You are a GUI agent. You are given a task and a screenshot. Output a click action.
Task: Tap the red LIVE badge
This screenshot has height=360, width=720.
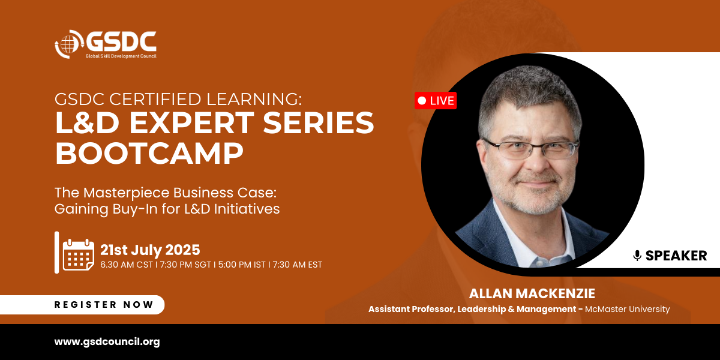436,101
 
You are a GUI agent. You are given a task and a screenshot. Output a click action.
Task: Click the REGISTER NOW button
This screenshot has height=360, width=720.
82,304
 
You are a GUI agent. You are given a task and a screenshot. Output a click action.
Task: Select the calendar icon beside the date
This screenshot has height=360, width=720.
79,254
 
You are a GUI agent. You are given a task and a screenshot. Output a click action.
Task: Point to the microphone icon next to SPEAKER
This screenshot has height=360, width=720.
637,256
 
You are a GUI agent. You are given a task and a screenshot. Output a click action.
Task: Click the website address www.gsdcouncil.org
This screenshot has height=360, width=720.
107,341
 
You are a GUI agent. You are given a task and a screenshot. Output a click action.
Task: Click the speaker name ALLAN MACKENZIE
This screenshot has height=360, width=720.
532,293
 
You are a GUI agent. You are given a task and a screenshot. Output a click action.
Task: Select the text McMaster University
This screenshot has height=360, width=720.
628,309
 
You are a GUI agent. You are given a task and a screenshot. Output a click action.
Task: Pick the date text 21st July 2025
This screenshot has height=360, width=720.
150,250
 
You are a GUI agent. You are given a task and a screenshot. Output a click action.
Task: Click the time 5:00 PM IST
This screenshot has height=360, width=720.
242,265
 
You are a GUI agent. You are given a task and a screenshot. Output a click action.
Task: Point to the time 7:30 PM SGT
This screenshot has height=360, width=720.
185,265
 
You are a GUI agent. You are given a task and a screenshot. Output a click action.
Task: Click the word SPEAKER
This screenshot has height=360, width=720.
676,256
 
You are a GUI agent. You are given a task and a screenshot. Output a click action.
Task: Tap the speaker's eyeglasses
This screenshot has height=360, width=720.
530,149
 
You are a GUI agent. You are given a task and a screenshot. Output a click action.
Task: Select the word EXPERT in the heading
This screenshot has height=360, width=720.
192,122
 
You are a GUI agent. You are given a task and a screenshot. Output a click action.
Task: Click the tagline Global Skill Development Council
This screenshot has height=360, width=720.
121,56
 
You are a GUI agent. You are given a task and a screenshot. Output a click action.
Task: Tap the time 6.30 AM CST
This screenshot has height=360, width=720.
127,265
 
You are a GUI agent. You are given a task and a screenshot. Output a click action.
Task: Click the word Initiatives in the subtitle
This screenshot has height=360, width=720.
247,209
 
